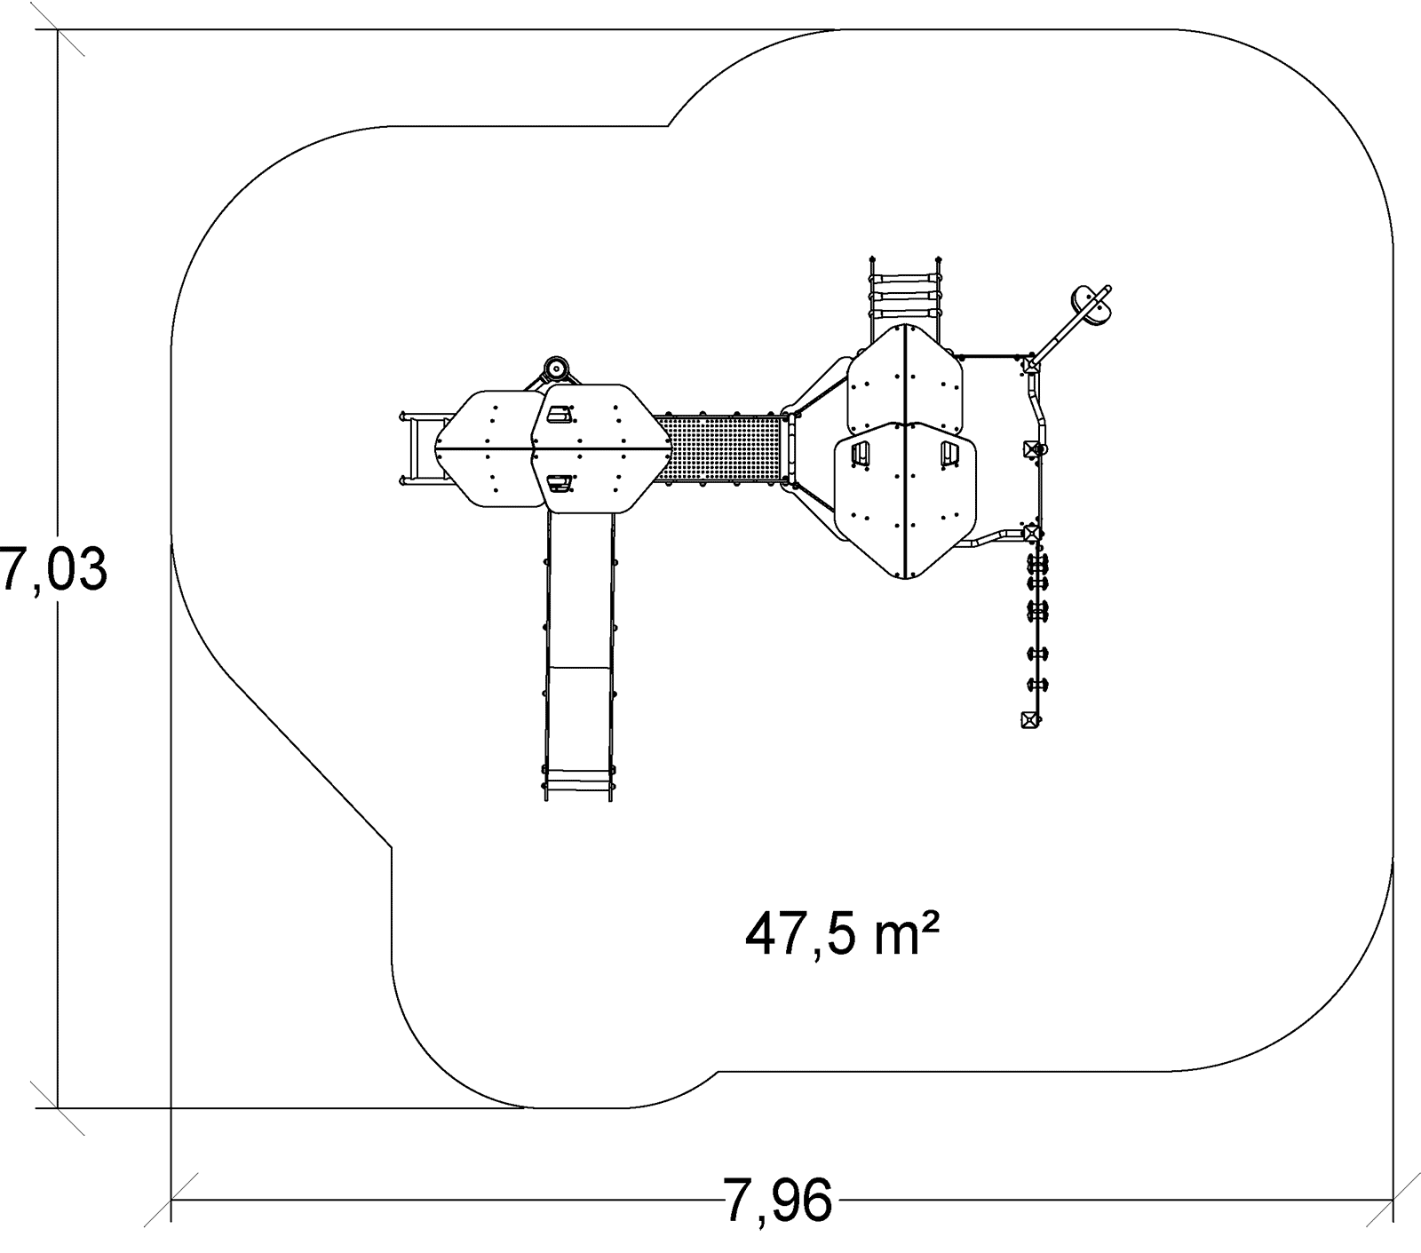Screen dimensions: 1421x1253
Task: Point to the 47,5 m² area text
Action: [x=841, y=935]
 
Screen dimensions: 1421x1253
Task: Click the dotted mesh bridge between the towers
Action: [x=721, y=449]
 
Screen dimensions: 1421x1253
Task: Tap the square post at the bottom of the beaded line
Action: [x=1030, y=719]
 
